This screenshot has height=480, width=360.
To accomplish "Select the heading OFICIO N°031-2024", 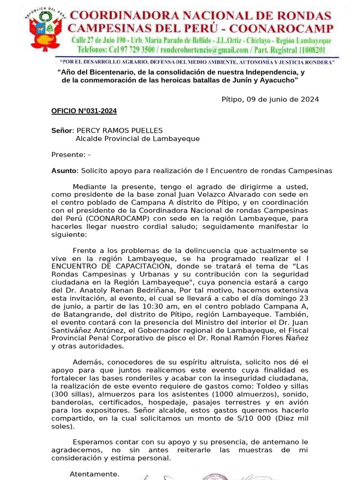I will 84,111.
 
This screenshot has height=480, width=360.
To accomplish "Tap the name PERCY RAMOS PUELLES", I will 120,130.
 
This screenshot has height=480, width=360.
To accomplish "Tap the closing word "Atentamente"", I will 94,474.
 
